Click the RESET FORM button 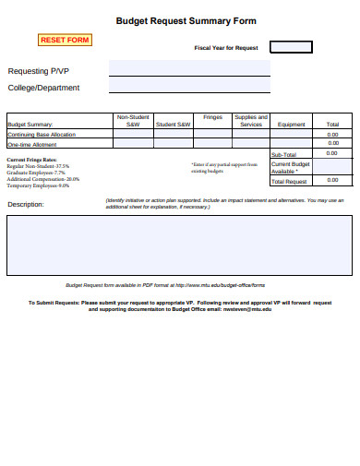point(65,40)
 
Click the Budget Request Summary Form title point(186,20)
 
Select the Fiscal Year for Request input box point(291,47)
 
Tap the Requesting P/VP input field point(189,68)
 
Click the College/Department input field point(189,86)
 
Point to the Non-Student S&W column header point(132,121)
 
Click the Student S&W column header point(173,125)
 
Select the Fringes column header point(213,118)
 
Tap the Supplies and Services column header point(251,121)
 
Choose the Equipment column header point(292,125)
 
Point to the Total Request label point(287,181)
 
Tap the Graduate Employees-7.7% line point(36,173)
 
